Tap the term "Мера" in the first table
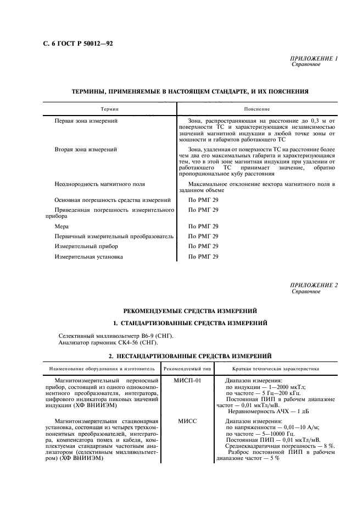[62, 226]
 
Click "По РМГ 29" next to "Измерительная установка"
[203, 256]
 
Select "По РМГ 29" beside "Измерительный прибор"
[203, 246]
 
